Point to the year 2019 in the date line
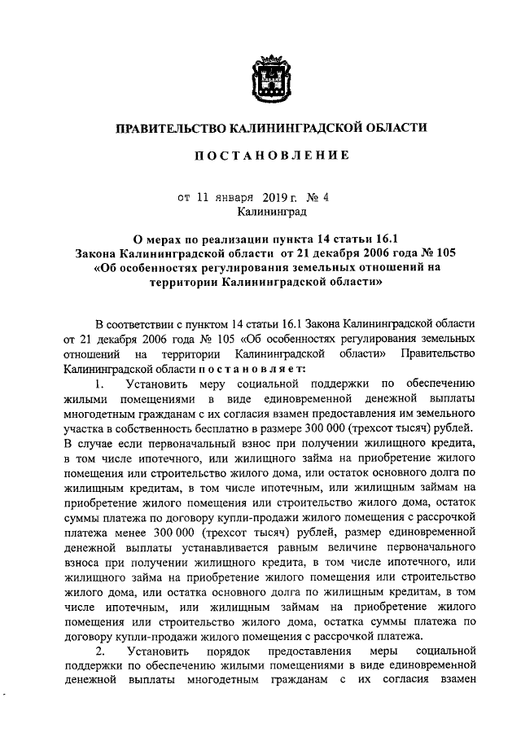(277, 197)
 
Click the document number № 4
(317, 197)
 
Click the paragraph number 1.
(99, 384)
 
